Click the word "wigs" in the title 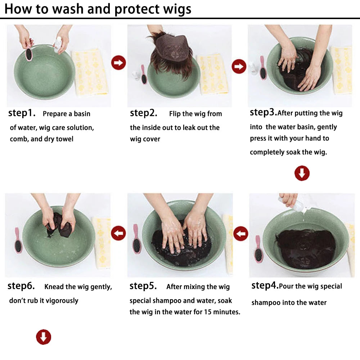point(176,9)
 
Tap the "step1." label point(22,113)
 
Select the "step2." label point(144,113)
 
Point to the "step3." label point(264,112)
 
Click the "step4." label point(265,286)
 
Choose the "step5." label point(143,286)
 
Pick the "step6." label point(21,286)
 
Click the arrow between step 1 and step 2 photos point(118,63)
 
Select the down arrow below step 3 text point(302,174)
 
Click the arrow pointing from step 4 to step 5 point(240,234)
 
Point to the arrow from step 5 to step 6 point(118,233)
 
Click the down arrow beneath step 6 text point(44,337)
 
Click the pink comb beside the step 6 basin point(18,241)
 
